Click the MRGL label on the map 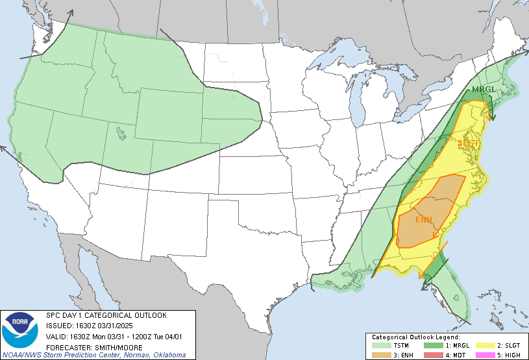pyautogui.click(x=484, y=90)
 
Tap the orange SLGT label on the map pyautogui.click(x=469, y=143)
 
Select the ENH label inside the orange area pyautogui.click(x=424, y=219)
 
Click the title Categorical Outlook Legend pyautogui.click(x=415, y=337)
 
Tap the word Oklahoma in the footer pyautogui.click(x=166, y=355)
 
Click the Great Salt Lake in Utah pyautogui.click(x=121, y=134)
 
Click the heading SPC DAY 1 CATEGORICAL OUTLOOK pyautogui.click(x=106, y=315)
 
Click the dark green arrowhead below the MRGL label pyautogui.click(x=492, y=118)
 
